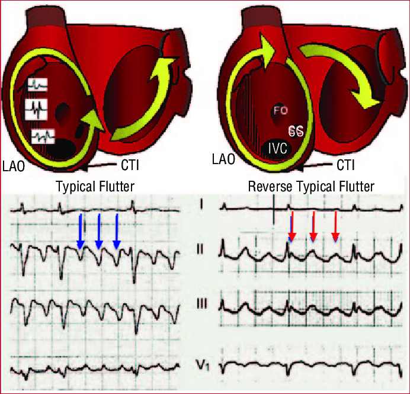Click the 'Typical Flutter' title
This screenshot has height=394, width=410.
pos(95,187)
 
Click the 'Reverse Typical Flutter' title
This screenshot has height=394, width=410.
pos(311,187)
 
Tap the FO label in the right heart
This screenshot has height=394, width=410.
pos(281,111)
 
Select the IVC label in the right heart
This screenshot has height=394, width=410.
pos(278,149)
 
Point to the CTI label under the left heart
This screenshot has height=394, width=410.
pos(130,165)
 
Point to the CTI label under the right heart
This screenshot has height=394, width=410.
pos(345,165)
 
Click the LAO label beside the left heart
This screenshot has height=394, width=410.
pos(14,166)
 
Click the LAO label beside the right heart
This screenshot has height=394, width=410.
pos(223,159)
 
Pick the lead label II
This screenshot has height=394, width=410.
pos(200,249)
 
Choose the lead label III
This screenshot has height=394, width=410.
pos(202,304)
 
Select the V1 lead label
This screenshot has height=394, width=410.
pos(203,365)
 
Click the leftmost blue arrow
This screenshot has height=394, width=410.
pos(81,231)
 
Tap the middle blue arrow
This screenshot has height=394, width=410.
pos(99,231)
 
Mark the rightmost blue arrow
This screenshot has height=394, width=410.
pos(117,231)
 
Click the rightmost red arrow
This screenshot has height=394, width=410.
pos(335,226)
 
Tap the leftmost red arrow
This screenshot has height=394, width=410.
pos(292,226)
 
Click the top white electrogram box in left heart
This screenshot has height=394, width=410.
pos(38,85)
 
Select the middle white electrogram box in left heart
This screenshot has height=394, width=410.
pos(36,109)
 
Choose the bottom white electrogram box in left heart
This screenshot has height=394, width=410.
pos(43,136)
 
